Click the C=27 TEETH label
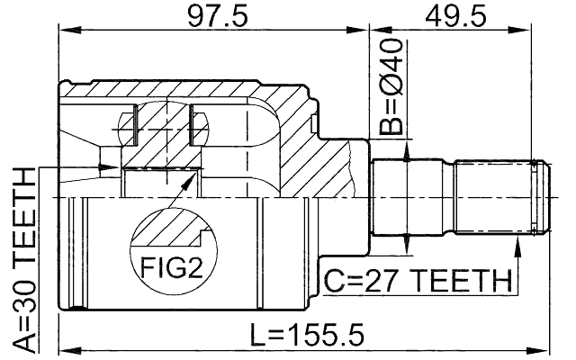tap(417, 283)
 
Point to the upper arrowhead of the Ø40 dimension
tap(408, 155)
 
